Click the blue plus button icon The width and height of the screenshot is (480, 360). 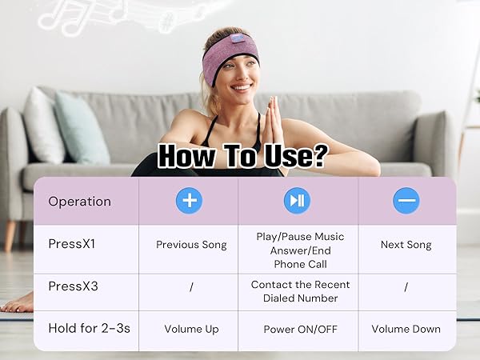pos(190,200)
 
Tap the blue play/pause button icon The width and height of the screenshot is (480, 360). pos(298,200)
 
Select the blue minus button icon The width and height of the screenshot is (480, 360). pos(406,200)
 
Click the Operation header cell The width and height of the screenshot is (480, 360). pos(79,201)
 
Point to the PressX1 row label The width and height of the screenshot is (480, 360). pos(72,245)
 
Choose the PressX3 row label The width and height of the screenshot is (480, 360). pos(73,286)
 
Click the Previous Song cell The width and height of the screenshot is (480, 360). pos(191,245)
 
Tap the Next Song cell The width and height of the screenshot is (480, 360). pos(406,245)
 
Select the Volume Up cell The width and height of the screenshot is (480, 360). pos(191,329)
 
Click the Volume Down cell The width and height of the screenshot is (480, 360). pos(406,329)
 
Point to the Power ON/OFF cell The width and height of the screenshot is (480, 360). pos(298,329)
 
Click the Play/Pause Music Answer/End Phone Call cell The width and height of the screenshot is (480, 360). pos(298,250)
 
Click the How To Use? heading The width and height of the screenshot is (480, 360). pos(241,155)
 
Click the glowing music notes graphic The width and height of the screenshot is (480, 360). pos(88,14)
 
